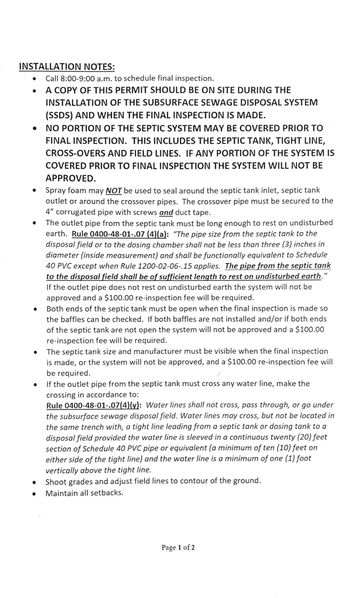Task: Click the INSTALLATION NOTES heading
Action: (x=67, y=67)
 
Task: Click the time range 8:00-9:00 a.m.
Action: (x=86, y=79)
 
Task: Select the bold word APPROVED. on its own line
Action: (x=71, y=178)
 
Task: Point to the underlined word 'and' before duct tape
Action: (x=166, y=213)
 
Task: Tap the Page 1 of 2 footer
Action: (x=178, y=547)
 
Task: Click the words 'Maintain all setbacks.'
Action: (x=84, y=493)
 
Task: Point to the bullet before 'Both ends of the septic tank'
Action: (x=35, y=309)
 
